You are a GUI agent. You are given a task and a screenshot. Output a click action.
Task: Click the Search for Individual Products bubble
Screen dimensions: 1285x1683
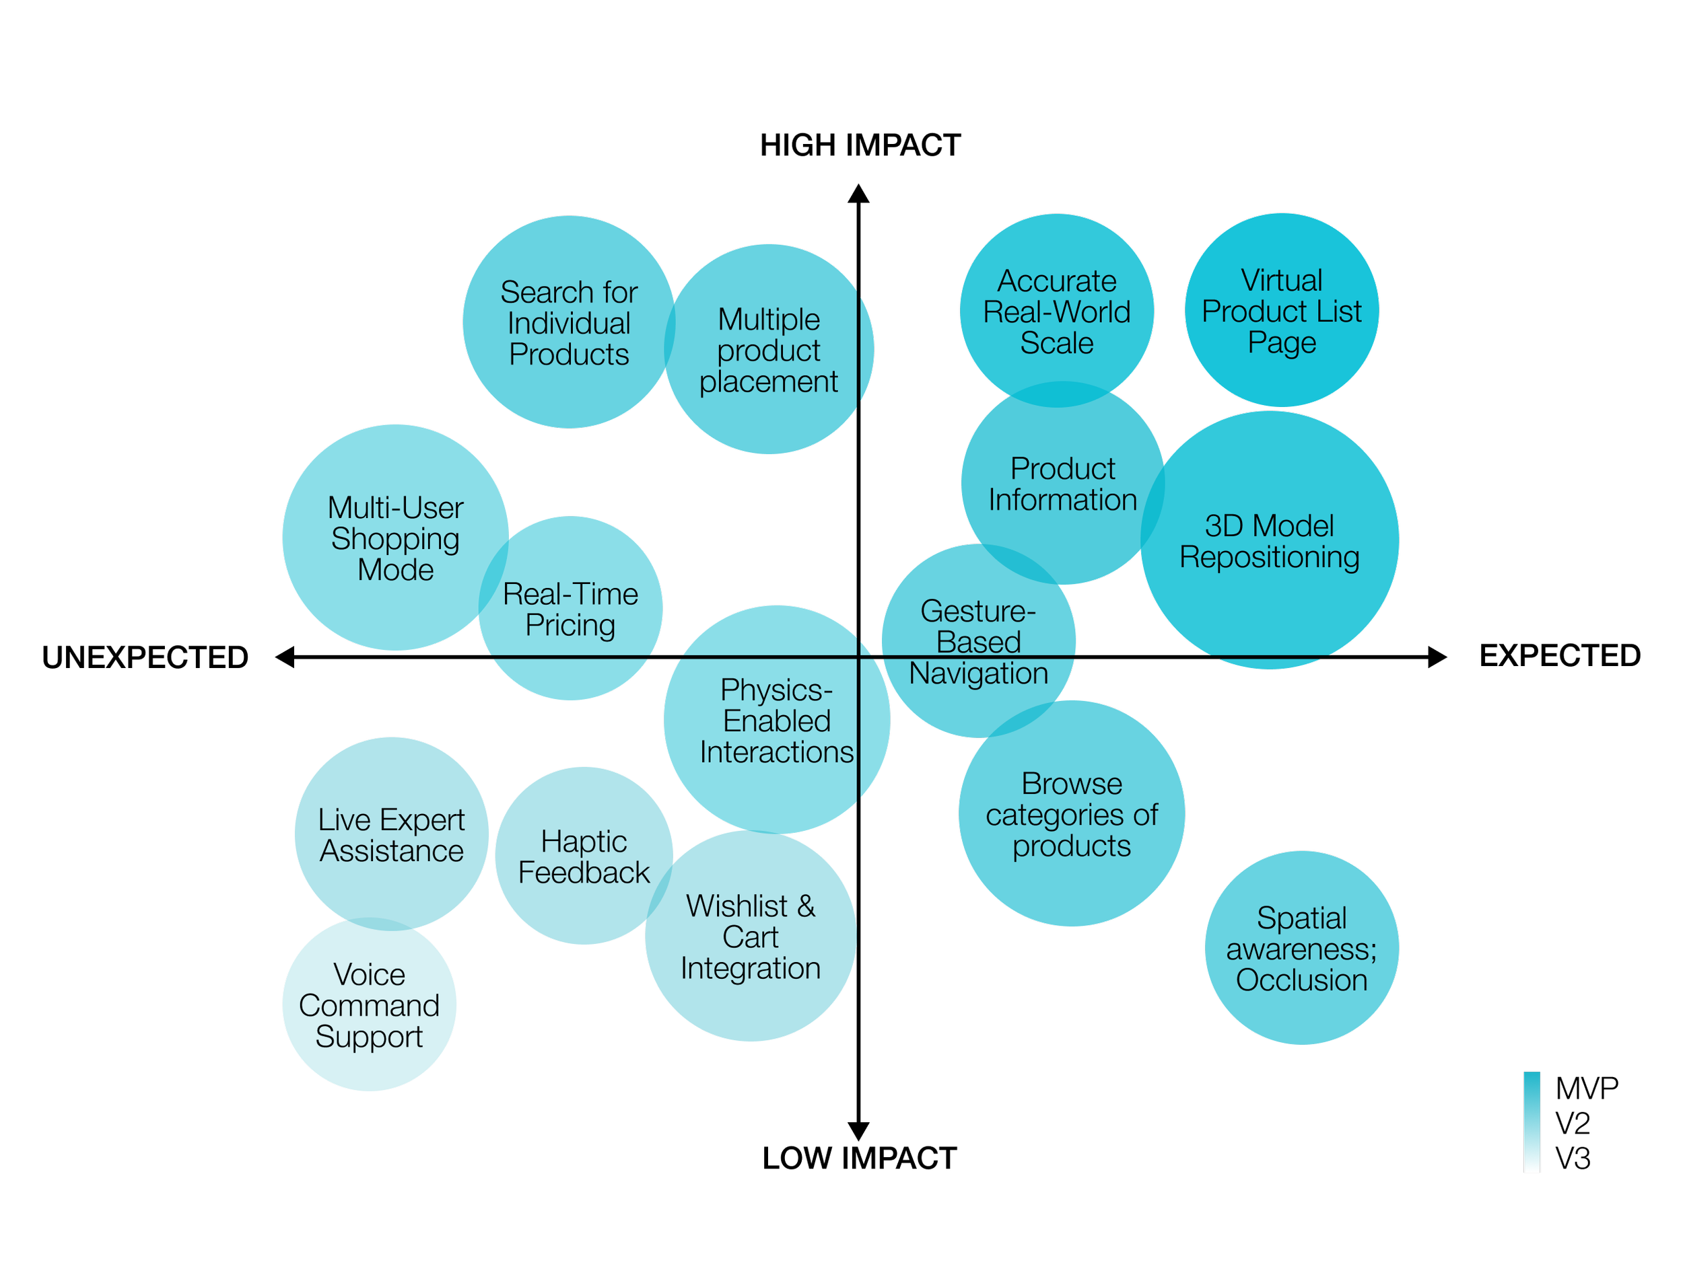(569, 323)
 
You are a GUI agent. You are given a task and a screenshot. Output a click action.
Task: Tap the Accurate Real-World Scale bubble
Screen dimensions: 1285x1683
(1056, 311)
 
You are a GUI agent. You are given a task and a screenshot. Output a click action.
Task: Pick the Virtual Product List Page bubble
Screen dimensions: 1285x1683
(1281, 311)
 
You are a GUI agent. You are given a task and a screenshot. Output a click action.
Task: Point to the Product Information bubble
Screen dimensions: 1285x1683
(1062, 484)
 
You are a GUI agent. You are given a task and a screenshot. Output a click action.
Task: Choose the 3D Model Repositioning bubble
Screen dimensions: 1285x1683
(1269, 541)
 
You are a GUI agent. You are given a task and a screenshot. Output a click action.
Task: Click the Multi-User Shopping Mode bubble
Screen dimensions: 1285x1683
(396, 538)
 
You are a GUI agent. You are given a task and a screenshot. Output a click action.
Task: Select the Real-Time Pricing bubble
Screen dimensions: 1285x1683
(570, 609)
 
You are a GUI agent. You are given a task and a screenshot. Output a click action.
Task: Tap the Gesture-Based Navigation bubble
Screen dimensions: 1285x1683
(978, 641)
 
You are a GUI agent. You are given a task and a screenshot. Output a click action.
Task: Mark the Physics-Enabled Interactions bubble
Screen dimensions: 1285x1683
(776, 720)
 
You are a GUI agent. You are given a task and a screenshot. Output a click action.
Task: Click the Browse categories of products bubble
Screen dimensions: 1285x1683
(1072, 814)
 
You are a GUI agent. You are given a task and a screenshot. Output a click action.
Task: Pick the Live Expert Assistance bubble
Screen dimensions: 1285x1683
(391, 834)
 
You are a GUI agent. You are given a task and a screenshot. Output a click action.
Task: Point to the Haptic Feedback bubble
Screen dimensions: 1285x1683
(584, 856)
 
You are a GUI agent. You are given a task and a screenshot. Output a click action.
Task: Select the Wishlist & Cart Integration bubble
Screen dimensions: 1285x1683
(750, 937)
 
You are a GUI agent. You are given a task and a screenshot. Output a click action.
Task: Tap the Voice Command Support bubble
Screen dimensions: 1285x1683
(369, 1004)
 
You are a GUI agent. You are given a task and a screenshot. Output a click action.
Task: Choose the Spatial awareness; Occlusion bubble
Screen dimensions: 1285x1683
(1301, 949)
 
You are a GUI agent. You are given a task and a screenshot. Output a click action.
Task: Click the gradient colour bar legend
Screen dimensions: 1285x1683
(1532, 1122)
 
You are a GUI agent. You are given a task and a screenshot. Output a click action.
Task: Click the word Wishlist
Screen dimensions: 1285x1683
(737, 906)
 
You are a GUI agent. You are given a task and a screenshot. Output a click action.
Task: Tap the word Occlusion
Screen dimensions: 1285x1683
(1301, 980)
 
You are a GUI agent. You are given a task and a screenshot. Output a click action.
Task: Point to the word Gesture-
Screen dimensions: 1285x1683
(978, 610)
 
